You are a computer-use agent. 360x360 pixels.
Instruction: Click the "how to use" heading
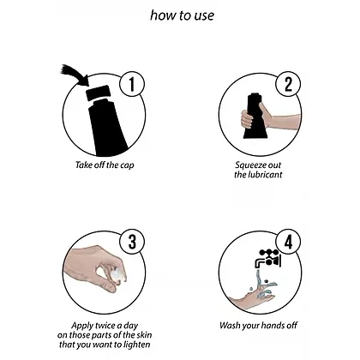(x=182, y=15)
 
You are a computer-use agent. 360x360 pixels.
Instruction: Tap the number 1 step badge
(x=131, y=84)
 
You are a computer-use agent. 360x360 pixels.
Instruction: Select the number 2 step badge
(x=288, y=84)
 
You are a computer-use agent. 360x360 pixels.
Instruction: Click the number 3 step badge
(x=132, y=243)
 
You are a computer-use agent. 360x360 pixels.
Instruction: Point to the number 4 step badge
(x=289, y=243)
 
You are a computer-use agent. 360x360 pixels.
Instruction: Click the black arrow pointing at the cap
(x=75, y=75)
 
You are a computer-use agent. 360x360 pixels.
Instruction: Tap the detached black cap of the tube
(x=98, y=93)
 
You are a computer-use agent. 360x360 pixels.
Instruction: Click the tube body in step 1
(x=109, y=127)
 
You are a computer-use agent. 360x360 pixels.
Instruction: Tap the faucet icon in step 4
(x=268, y=258)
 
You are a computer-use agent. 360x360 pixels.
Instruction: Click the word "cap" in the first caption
(x=127, y=165)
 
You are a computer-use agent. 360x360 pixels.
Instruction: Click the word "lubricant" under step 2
(x=265, y=175)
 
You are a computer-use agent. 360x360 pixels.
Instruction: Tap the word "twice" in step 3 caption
(x=105, y=326)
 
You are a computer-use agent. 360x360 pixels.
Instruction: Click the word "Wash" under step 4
(x=230, y=325)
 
